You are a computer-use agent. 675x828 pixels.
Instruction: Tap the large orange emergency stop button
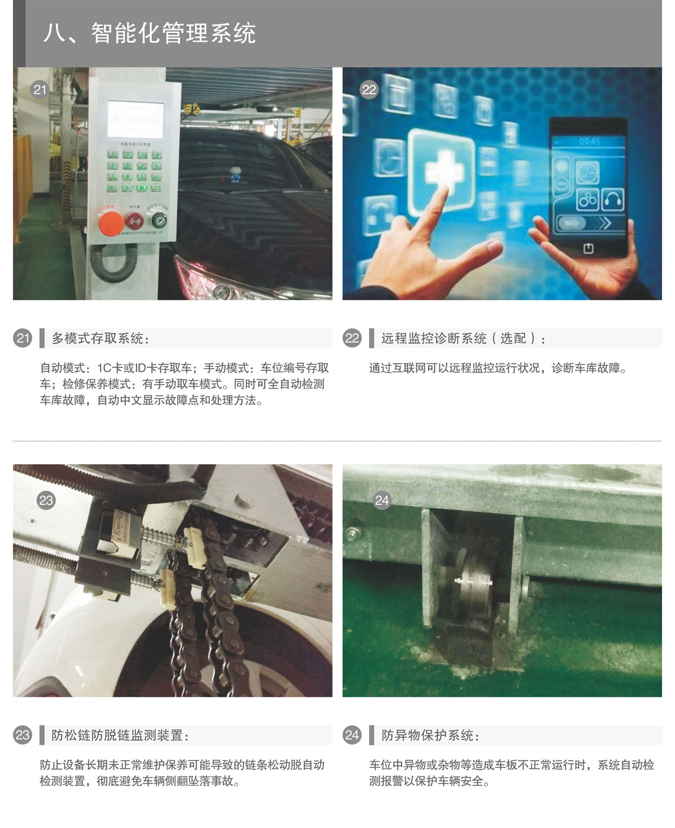[x=111, y=222]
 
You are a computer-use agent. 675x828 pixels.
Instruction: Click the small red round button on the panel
[x=134, y=220]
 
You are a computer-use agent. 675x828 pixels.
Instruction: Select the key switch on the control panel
[x=159, y=220]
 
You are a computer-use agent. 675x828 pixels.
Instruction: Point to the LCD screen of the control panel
[x=136, y=119]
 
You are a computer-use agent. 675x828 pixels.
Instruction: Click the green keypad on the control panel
[x=134, y=171]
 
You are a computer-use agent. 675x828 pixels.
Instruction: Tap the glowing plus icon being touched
[x=442, y=170]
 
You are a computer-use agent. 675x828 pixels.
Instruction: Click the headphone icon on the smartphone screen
[x=613, y=200]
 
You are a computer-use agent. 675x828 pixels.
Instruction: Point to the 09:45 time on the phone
[x=589, y=141]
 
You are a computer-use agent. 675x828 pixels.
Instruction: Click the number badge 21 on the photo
[x=39, y=89]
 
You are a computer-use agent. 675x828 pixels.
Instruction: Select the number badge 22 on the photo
[x=369, y=89]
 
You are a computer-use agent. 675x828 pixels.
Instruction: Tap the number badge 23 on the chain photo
[x=46, y=500]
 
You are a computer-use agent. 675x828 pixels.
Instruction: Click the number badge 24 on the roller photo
[x=382, y=500]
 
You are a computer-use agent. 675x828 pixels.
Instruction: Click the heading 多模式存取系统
[x=100, y=338]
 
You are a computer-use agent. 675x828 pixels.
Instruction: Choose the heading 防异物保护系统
[x=430, y=735]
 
